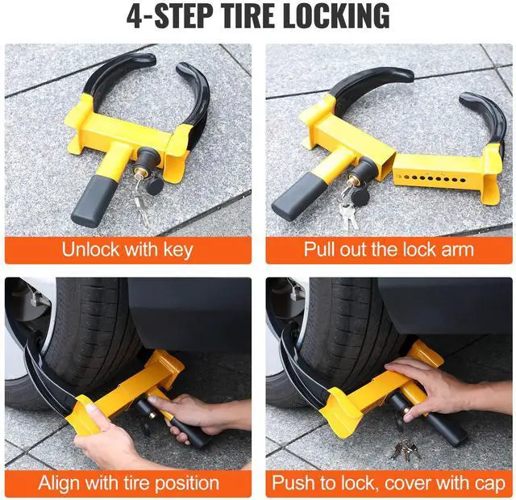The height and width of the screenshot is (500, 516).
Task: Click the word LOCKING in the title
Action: [x=336, y=15]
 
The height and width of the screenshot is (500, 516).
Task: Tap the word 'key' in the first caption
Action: [x=178, y=250]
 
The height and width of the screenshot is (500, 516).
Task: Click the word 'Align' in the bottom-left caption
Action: [x=59, y=484]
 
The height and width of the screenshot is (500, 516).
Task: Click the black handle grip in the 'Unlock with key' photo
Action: [x=89, y=201]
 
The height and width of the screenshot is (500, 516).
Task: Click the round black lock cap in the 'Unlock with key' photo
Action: [x=154, y=186]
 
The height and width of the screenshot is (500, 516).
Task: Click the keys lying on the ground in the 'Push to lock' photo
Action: [x=405, y=450]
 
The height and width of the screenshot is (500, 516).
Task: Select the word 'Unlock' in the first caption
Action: [x=91, y=249]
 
